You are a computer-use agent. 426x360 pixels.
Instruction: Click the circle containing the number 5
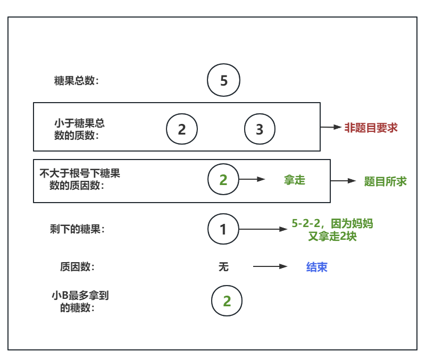223,81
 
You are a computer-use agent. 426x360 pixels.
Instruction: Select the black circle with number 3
260,129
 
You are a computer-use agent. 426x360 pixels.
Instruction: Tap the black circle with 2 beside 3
182,129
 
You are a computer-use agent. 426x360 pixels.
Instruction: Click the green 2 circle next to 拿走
223,180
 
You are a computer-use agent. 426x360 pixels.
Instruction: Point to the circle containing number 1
223,230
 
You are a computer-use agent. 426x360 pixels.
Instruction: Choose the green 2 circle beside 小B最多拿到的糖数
227,302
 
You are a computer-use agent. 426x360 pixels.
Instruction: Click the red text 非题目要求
371,128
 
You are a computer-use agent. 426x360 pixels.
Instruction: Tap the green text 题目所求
386,181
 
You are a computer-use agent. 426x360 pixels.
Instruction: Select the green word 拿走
295,180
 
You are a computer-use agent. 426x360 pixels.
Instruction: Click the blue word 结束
316,267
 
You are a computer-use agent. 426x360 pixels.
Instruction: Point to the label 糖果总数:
77,81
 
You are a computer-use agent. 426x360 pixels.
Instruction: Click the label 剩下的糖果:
77,229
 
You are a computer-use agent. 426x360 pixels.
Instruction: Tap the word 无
223,267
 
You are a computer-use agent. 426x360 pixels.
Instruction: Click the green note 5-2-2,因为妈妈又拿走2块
332,230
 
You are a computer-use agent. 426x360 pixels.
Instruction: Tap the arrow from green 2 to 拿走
252,180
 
